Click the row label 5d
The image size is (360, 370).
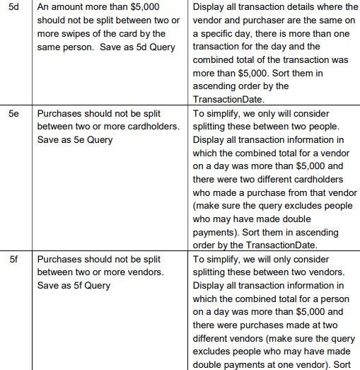click(13, 6)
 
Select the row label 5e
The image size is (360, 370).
click(13, 113)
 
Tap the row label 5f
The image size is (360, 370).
click(13, 260)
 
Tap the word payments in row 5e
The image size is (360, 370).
click(215, 232)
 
